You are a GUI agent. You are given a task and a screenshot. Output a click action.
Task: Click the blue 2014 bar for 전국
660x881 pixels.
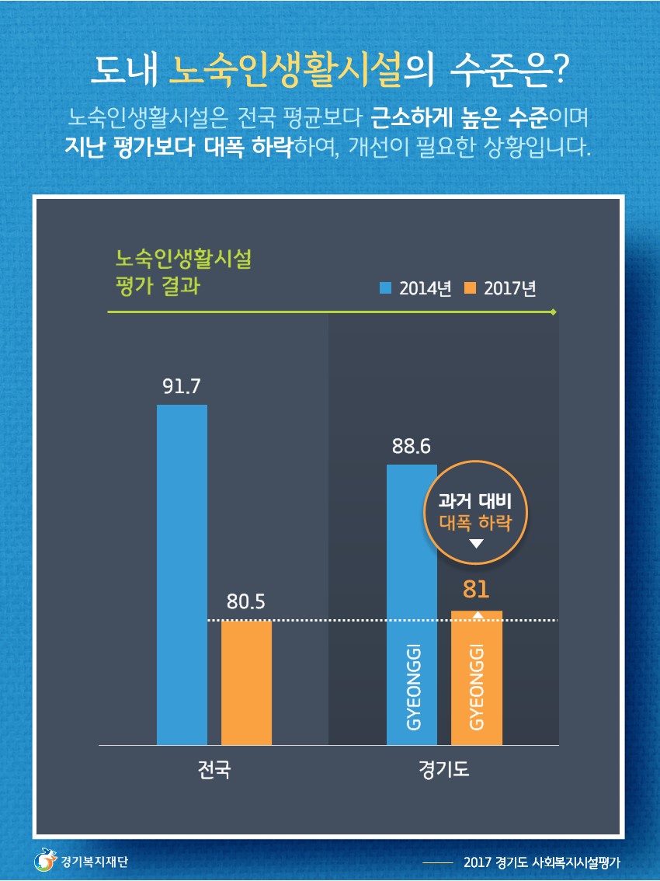pos(182,575)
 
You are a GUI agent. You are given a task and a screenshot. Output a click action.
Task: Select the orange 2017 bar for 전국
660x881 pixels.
pos(247,683)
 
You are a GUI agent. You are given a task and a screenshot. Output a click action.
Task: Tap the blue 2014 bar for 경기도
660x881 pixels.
pos(412,604)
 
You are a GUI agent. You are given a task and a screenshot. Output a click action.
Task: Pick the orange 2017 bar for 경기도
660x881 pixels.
pos(477,677)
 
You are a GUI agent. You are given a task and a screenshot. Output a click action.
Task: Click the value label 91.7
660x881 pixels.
pos(182,386)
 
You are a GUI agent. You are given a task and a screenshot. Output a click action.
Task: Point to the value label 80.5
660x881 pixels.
pos(246,602)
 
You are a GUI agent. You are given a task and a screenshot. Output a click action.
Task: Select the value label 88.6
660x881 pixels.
pos(412,446)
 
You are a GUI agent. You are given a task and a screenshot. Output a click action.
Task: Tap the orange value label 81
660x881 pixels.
pos(476,589)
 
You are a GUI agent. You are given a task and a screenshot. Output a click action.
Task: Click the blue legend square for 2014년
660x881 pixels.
pos(385,288)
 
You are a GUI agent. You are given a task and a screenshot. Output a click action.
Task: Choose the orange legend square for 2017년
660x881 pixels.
pos(470,288)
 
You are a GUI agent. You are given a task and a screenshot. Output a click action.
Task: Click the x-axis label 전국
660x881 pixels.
pos(214,769)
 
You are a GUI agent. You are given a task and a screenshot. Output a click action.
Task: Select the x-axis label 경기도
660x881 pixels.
pos(443,769)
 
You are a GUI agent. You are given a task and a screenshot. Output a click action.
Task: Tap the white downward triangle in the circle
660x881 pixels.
pos(476,543)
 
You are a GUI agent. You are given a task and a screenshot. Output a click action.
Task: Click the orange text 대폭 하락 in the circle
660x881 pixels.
pos(476,523)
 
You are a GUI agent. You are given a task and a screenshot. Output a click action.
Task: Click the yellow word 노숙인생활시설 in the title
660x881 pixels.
pos(286,70)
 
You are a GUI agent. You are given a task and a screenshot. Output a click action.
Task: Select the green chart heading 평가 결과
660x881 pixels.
pos(158,285)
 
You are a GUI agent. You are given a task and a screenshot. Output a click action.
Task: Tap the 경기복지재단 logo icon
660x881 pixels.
pos(45,860)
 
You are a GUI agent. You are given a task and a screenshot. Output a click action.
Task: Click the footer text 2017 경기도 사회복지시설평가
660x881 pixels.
pos(542,862)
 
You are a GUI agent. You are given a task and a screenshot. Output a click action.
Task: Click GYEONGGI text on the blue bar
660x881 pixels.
pos(413,687)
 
